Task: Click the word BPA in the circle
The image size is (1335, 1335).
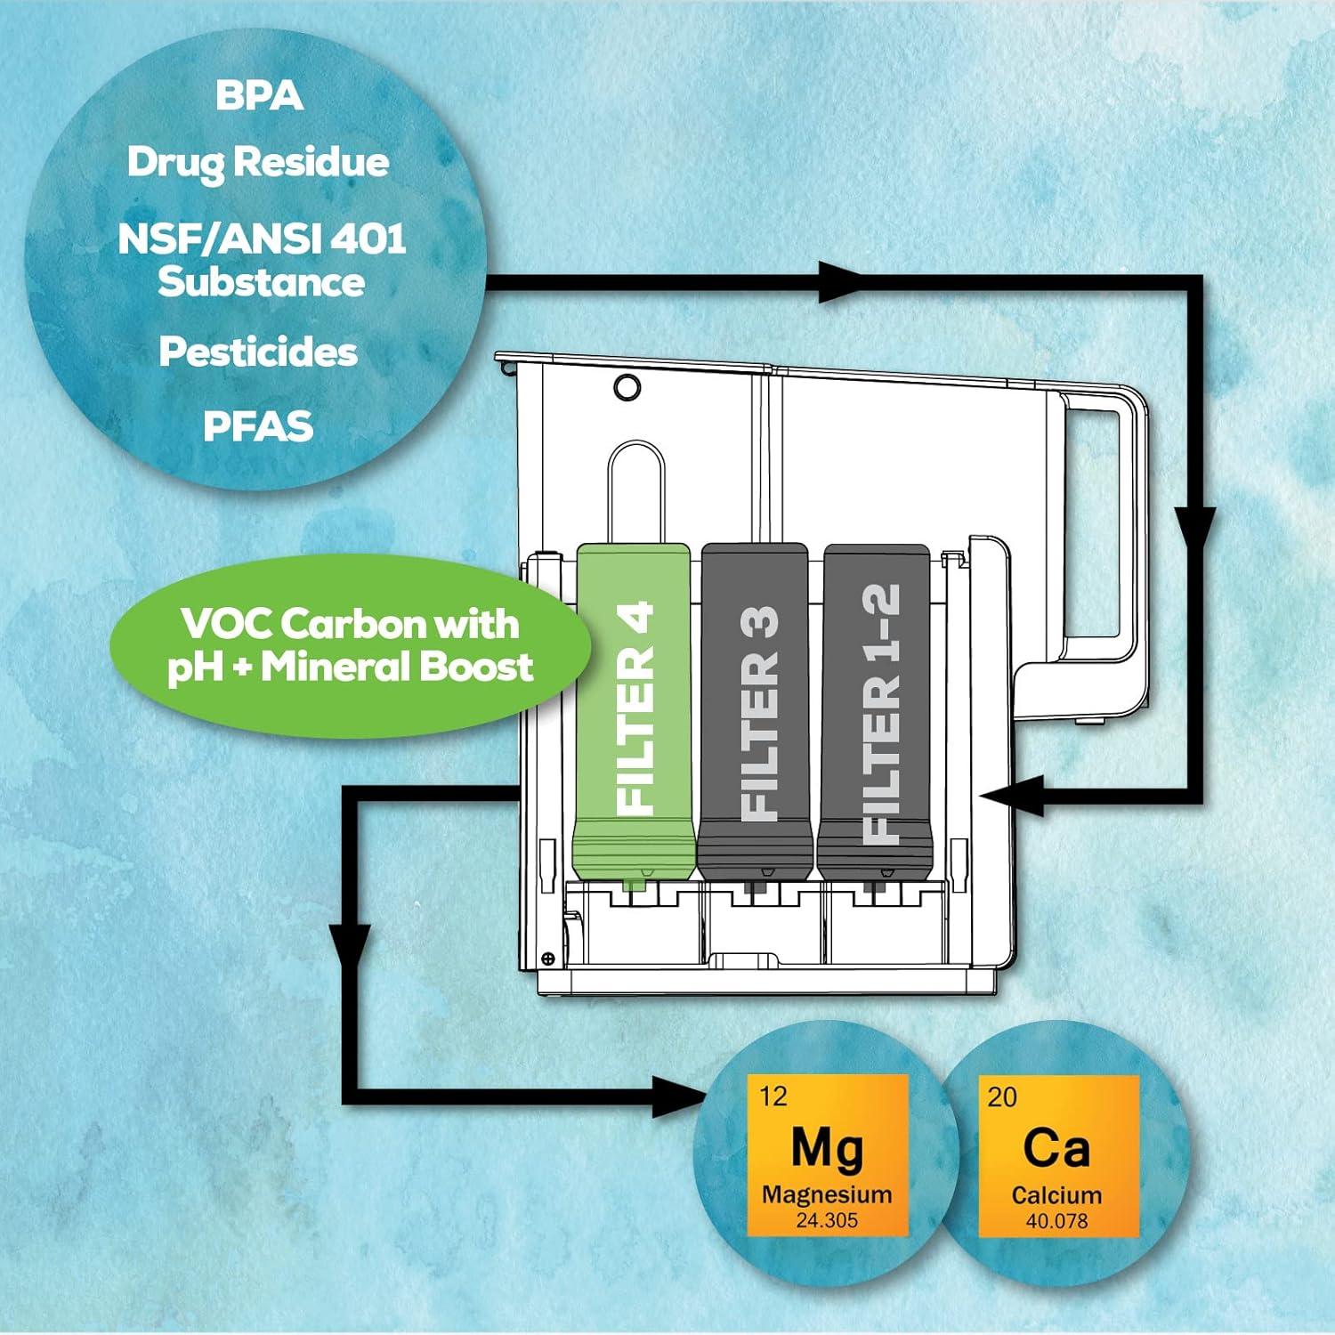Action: pos(259,96)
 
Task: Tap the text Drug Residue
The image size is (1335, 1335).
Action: pos(258,162)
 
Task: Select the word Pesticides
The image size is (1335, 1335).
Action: pos(258,352)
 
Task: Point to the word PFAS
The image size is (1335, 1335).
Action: pos(258,426)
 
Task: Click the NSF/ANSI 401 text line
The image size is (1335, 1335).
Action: pos(262,239)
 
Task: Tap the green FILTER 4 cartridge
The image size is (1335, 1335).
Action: pos(634,712)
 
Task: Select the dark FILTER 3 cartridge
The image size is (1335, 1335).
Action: pos(756,712)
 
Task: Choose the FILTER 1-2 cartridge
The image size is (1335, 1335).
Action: pos(876,712)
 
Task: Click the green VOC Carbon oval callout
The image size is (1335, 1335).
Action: pos(351,646)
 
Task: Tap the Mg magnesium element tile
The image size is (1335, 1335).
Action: pos(827,1155)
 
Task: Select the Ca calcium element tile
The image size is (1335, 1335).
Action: pos(1057,1155)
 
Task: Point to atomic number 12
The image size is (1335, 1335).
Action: pos(773,1096)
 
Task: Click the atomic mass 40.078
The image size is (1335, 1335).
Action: pos(1056,1220)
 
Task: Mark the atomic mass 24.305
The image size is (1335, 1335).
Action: pos(827,1220)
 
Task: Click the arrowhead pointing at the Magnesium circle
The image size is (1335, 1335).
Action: pos(681,1096)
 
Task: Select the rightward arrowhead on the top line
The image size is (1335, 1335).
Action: pos(837,282)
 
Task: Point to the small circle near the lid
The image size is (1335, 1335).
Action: pos(627,386)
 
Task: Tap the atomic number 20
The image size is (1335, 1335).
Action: pos(1002,1096)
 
